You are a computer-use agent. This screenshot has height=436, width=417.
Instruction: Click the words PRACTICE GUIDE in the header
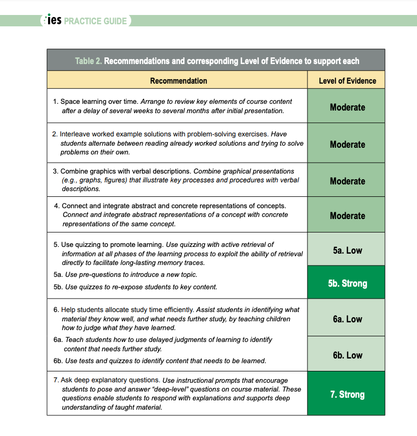click(x=95, y=22)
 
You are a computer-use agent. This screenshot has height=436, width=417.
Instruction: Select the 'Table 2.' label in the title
click(x=88, y=61)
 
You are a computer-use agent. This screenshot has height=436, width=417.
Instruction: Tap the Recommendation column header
click(x=178, y=81)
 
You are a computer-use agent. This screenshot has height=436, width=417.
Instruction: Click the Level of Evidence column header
click(x=347, y=81)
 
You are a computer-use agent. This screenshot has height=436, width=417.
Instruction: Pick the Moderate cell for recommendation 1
click(x=347, y=107)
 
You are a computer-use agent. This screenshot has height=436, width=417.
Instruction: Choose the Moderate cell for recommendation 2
click(x=347, y=145)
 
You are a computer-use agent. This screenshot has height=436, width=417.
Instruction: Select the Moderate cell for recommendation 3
click(x=347, y=181)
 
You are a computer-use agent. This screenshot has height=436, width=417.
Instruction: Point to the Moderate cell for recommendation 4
click(x=347, y=216)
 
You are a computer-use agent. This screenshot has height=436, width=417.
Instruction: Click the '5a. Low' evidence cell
click(x=347, y=251)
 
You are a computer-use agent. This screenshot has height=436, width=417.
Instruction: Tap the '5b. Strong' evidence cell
click(x=347, y=284)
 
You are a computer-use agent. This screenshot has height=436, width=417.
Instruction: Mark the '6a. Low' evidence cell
click(x=347, y=319)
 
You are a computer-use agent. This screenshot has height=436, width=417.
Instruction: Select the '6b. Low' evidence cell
click(x=347, y=355)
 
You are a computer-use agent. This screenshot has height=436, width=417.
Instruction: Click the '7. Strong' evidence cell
click(x=347, y=395)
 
